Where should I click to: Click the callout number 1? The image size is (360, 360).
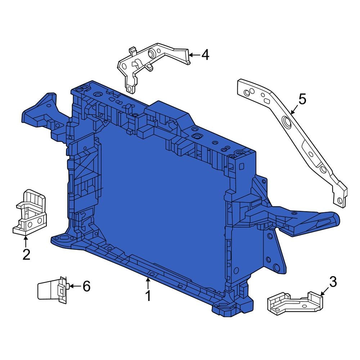pyautogui.click(x=148, y=296)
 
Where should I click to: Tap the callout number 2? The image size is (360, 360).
pyautogui.click(x=26, y=254)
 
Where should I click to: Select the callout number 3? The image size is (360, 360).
pyautogui.click(x=333, y=282)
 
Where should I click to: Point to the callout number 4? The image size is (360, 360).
pyautogui.click(x=205, y=55)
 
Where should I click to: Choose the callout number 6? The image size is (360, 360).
pyautogui.click(x=86, y=286)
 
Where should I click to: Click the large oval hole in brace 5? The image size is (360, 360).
pyautogui.click(x=287, y=123)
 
